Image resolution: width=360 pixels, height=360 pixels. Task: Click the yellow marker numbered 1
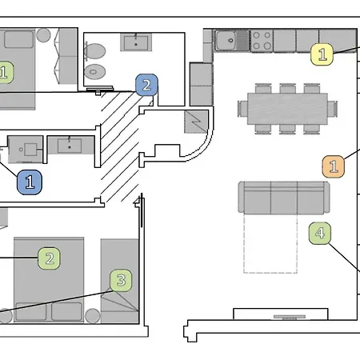[322, 54]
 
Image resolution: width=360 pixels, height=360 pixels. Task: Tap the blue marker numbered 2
[146, 84]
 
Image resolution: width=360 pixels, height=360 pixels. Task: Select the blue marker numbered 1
[30, 182]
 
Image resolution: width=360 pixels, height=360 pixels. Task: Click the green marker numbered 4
[320, 234]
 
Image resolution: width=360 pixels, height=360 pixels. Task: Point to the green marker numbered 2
[50, 258]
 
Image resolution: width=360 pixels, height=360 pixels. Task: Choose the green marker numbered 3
[121, 280]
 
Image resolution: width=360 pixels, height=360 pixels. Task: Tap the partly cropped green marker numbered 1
[4, 73]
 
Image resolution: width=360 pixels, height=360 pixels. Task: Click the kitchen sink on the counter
[229, 38]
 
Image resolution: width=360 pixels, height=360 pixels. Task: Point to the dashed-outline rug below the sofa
[270, 244]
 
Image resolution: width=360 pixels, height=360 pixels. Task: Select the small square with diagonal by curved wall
[195, 122]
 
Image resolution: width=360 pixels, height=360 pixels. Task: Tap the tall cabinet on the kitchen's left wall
[200, 83]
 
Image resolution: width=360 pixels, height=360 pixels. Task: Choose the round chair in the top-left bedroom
[45, 36]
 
